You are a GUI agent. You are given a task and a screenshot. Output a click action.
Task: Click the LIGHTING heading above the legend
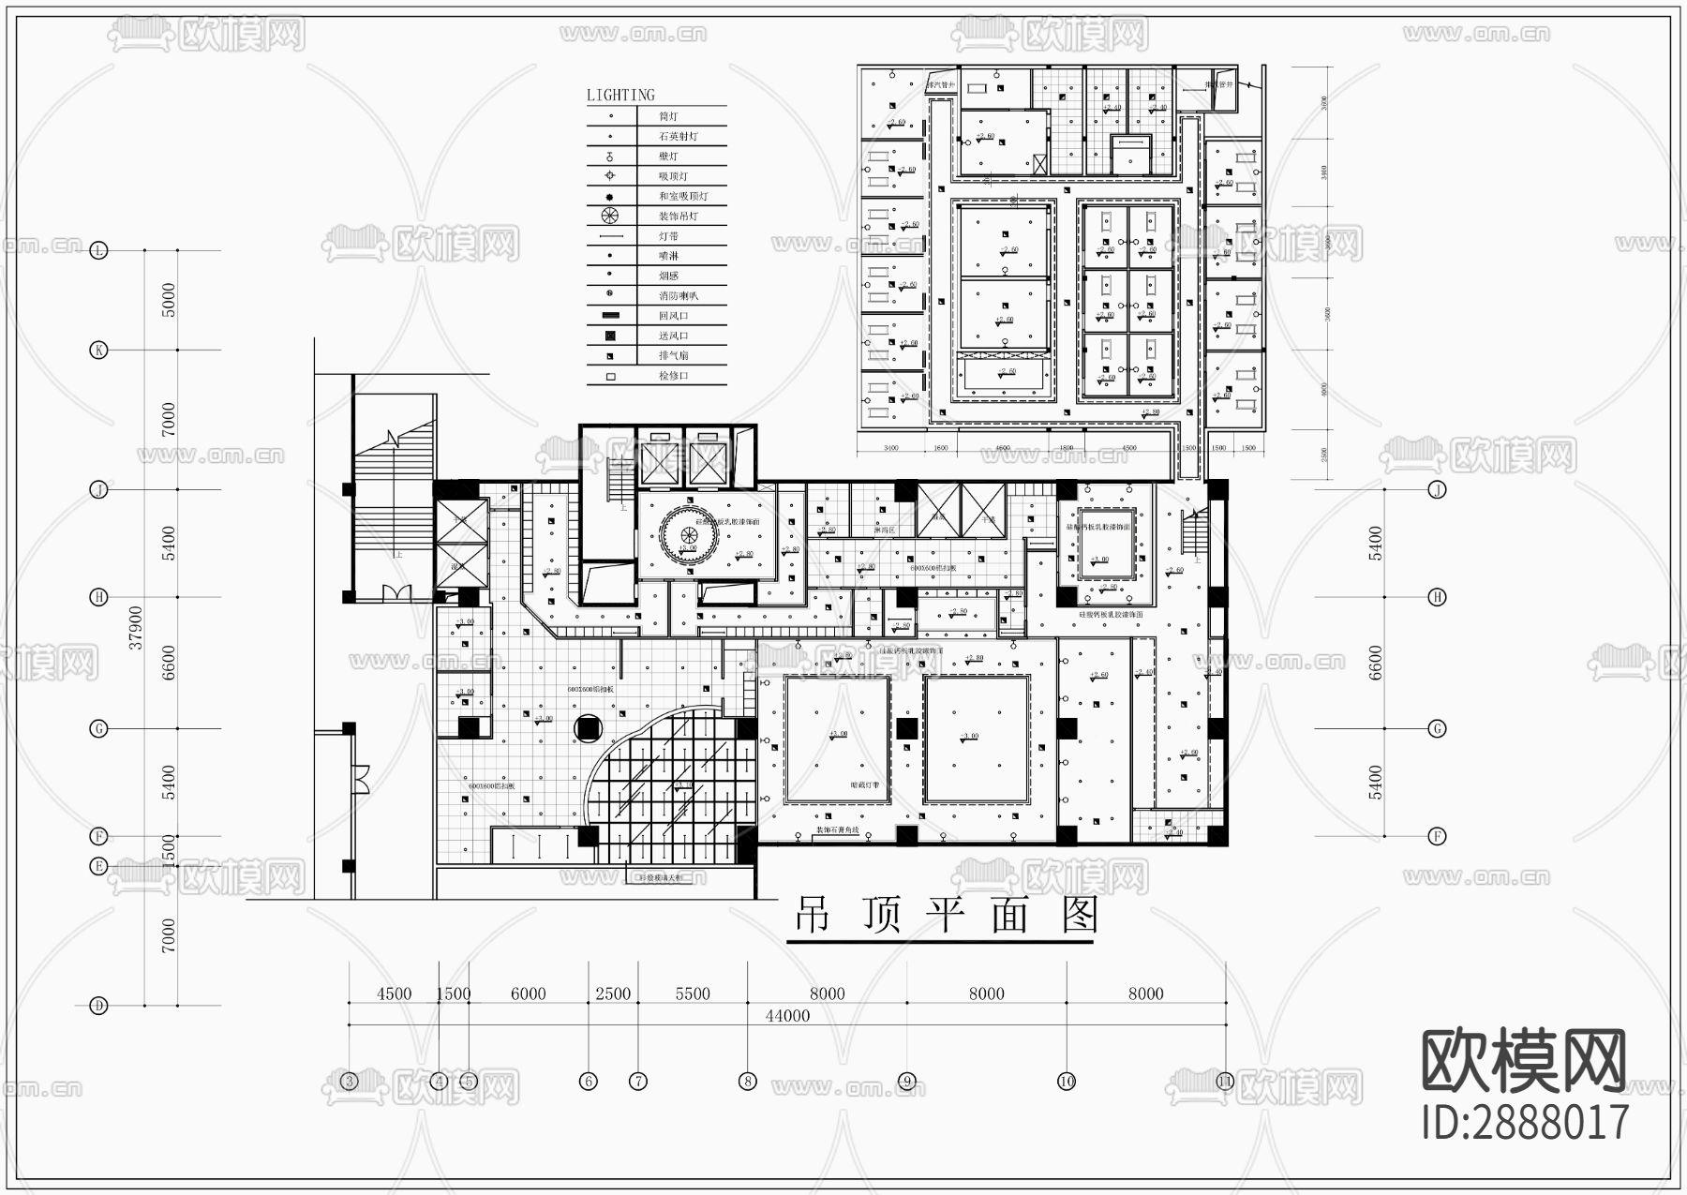point(620,95)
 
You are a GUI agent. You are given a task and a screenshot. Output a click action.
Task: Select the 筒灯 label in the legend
point(667,116)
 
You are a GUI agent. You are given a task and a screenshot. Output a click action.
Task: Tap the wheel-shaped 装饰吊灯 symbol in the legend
point(610,216)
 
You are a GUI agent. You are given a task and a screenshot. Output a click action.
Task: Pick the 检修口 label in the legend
point(673,375)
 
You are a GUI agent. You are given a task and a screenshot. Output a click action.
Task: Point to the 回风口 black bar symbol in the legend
point(610,316)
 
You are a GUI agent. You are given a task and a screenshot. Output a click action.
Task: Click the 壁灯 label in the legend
point(667,156)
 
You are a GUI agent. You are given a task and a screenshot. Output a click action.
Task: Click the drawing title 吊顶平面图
point(946,914)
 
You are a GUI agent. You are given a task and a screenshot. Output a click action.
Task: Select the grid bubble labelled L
point(99,250)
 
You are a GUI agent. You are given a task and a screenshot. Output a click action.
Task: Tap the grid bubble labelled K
point(99,351)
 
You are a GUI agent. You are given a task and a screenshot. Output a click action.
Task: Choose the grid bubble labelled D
point(99,1006)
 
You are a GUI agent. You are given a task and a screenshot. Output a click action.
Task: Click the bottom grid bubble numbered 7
point(638,1081)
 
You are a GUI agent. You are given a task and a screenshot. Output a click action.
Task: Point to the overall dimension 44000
point(787,1016)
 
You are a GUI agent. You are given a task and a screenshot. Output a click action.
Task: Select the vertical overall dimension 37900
point(137,626)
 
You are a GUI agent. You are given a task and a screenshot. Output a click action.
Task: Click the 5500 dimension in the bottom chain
point(693,993)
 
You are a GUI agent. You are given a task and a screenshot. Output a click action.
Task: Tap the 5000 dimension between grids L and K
point(169,300)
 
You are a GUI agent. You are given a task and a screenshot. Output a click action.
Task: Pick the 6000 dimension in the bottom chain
point(529,993)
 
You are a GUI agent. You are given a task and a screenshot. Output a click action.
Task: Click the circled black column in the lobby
point(589,727)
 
